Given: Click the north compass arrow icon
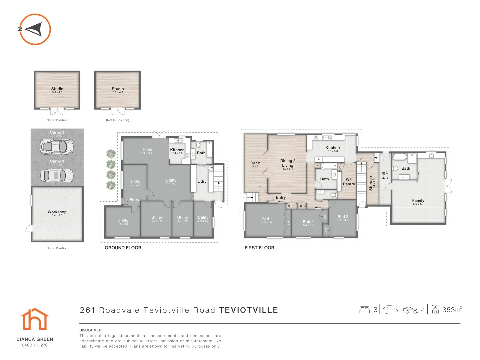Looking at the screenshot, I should (x=34, y=29).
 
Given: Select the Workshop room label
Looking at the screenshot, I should (x=57, y=212).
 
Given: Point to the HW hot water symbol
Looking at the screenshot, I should (x=211, y=168).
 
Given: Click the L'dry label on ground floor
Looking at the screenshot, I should (x=202, y=181).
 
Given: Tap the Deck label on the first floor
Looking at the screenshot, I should (x=255, y=163).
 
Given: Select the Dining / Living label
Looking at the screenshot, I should (x=287, y=163).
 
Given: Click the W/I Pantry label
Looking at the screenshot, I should (x=349, y=182).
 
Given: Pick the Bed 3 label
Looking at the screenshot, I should (x=343, y=217).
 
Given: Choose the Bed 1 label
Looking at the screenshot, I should (x=267, y=219).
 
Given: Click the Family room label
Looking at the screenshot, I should (x=418, y=200).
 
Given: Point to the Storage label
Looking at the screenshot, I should (x=371, y=183).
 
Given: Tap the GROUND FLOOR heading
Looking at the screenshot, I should (x=123, y=248).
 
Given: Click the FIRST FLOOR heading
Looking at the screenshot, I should (x=259, y=248).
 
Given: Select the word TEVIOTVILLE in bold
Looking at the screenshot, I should (x=248, y=310).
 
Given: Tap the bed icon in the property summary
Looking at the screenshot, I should (x=365, y=310).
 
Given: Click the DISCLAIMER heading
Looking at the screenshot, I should (x=90, y=330).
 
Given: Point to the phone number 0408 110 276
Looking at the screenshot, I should (x=35, y=345).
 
